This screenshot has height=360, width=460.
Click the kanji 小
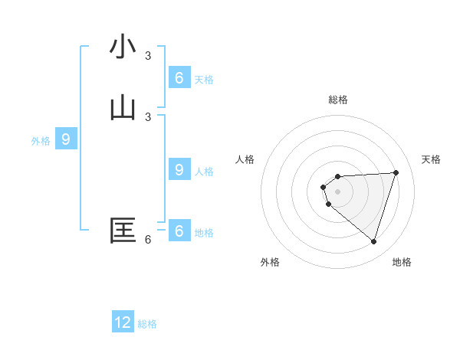(123, 47)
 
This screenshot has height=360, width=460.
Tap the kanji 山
(123, 108)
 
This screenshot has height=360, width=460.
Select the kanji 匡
(123, 231)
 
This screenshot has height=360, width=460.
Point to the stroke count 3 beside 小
(148, 55)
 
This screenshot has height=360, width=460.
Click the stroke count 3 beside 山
(148, 116)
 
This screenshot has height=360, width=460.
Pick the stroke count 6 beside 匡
(148, 239)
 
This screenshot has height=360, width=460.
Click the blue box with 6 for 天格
(179, 78)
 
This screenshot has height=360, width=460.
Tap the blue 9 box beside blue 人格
(179, 170)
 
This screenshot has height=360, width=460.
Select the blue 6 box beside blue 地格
(179, 231)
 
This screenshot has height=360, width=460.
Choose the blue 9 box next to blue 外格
(66, 139)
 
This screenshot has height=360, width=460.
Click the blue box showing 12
(123, 322)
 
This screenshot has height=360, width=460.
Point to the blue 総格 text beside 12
(147, 324)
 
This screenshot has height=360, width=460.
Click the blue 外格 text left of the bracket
(41, 141)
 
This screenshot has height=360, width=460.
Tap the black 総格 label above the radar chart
(338, 100)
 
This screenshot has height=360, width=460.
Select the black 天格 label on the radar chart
(431, 159)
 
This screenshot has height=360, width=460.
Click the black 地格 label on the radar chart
(402, 262)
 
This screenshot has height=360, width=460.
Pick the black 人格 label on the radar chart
(245, 159)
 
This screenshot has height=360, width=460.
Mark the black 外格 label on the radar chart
(270, 262)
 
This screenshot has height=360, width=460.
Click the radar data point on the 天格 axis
(396, 172)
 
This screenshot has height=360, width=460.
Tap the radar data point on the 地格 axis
(373, 241)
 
